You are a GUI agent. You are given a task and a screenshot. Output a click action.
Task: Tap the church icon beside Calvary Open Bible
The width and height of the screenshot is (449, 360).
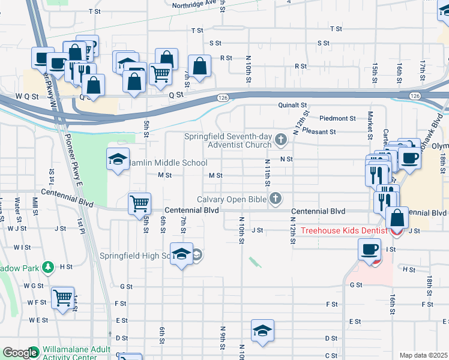coord(276,199)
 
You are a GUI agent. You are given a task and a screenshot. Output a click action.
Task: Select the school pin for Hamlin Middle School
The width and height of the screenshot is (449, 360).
coord(118,160)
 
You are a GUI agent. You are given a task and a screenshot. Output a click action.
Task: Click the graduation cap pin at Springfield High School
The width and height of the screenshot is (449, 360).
coord(181,254)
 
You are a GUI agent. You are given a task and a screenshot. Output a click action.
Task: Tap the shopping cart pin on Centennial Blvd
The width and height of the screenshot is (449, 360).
coord(139,203)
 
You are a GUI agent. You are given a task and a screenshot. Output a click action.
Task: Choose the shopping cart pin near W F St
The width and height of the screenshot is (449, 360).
coord(62,298)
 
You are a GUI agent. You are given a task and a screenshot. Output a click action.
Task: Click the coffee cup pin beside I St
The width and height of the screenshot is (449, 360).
coord(369,249)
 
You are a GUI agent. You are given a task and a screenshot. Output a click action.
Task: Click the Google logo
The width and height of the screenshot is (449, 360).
coord(20,353)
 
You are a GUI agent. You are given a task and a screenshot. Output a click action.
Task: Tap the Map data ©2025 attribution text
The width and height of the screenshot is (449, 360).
coord(423,355)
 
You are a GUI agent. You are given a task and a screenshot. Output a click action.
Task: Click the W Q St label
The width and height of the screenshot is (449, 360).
coord(26,95)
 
